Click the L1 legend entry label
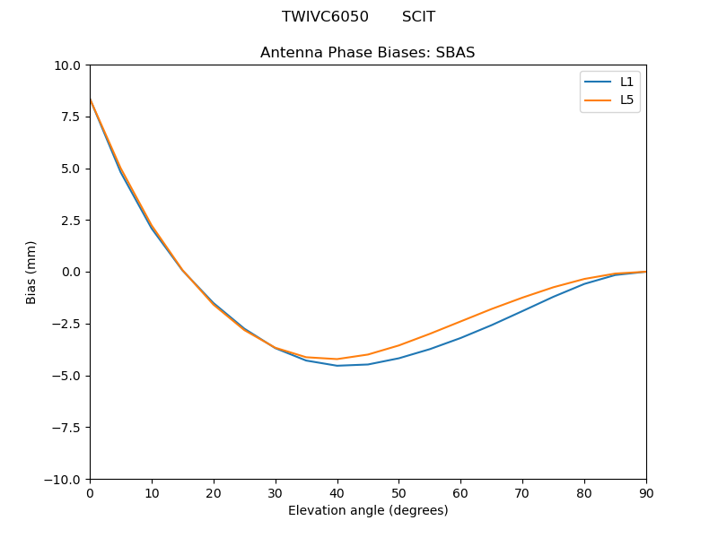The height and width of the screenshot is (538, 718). (626, 82)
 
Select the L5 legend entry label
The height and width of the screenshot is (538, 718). (626, 100)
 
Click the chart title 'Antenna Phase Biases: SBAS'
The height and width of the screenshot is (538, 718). (367, 53)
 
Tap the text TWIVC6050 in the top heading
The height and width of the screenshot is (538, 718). (325, 17)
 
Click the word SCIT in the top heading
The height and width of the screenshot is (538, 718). (418, 17)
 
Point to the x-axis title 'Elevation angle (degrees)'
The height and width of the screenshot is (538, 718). (367, 511)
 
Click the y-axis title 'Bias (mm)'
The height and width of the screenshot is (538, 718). (31, 272)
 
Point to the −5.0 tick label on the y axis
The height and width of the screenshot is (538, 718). (68, 376)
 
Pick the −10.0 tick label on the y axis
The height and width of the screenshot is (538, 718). (65, 480)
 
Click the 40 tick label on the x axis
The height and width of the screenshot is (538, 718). (337, 493)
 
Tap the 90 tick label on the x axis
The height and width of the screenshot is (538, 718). (646, 493)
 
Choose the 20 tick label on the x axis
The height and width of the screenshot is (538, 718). (214, 493)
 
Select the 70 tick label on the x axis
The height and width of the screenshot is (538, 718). (522, 493)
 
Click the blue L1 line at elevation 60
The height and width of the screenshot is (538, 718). (460, 338)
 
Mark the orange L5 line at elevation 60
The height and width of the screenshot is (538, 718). (460, 321)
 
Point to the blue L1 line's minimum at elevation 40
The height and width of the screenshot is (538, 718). (337, 366)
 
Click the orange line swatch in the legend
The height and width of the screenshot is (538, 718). (598, 100)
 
